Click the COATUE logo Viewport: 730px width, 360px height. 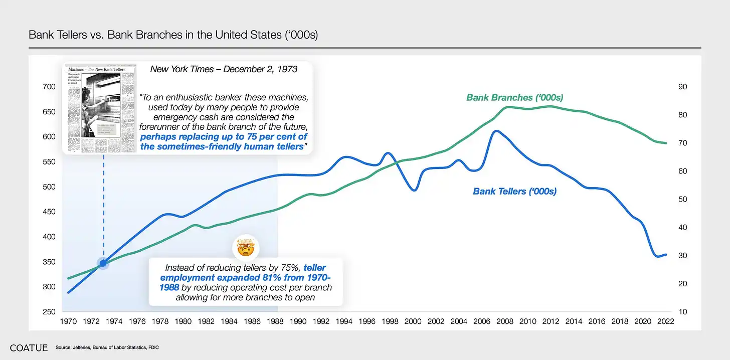point(29,347)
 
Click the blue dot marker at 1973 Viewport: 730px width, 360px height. point(103,263)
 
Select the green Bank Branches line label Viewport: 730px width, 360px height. point(514,97)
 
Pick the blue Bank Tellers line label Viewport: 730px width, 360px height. point(515,191)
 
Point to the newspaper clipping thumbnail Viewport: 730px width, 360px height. point(101,109)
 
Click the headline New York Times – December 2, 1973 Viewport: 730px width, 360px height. point(224,69)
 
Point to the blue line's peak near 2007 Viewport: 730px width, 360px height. point(495,131)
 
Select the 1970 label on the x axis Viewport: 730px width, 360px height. point(68,321)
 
